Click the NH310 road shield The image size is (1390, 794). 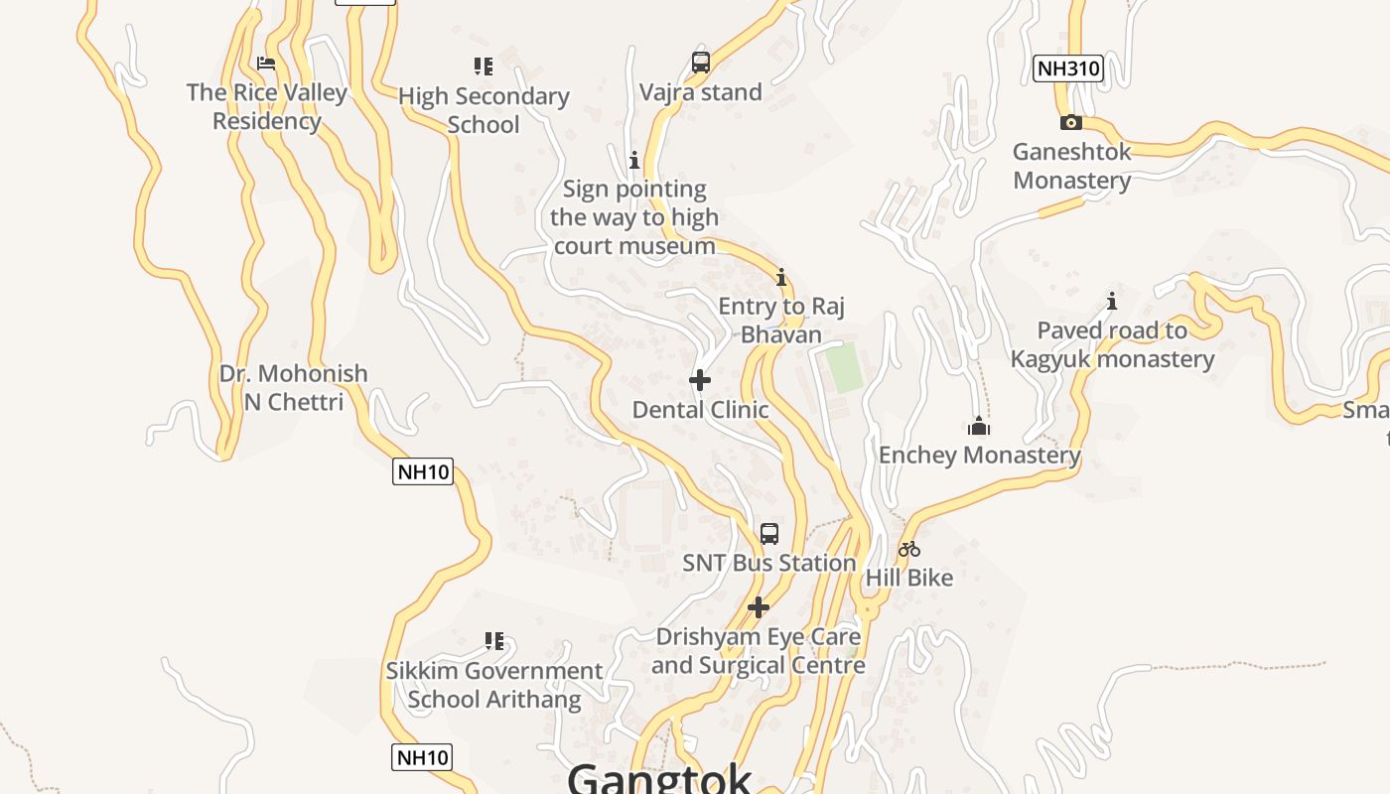point(1068,68)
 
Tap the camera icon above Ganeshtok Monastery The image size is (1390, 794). point(1070,123)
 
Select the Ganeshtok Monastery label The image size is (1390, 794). point(1071,166)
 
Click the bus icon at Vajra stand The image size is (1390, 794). point(701,63)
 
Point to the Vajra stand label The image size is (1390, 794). point(701,92)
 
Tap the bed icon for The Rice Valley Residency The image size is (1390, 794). point(266,64)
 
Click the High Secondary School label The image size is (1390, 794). point(484,110)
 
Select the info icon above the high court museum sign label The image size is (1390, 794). point(634,160)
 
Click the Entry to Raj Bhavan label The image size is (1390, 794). point(781,320)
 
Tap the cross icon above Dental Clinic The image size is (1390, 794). point(700,380)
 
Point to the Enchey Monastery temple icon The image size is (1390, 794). point(979,427)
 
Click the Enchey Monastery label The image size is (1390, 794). point(980,456)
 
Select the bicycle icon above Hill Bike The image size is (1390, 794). point(909,549)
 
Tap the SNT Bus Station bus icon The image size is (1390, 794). point(769,534)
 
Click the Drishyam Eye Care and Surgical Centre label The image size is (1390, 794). point(759,651)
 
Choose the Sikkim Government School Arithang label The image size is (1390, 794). point(494,685)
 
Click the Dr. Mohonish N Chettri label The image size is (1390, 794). point(294,388)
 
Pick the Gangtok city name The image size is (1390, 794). point(659,778)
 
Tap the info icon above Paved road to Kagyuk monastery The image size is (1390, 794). point(1112,301)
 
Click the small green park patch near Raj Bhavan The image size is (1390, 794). point(845,367)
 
